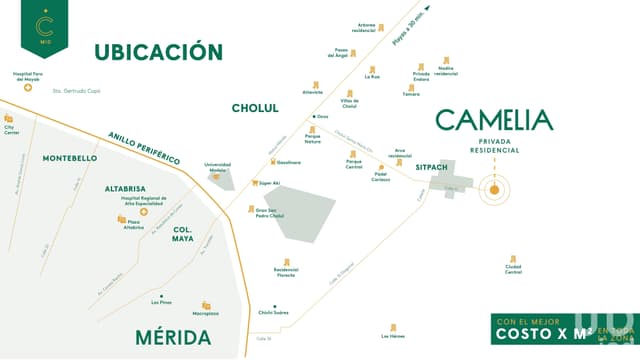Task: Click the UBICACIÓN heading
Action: click(158, 52)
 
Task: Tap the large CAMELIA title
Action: click(494, 121)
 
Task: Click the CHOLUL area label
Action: click(255, 108)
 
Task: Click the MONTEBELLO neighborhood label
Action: click(70, 159)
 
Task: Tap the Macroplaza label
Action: click(206, 312)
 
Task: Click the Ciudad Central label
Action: click(513, 269)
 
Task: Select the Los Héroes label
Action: click(393, 336)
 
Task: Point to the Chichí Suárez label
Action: click(274, 312)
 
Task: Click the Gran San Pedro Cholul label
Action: click(270, 214)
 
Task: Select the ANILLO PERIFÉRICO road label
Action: click(144, 147)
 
